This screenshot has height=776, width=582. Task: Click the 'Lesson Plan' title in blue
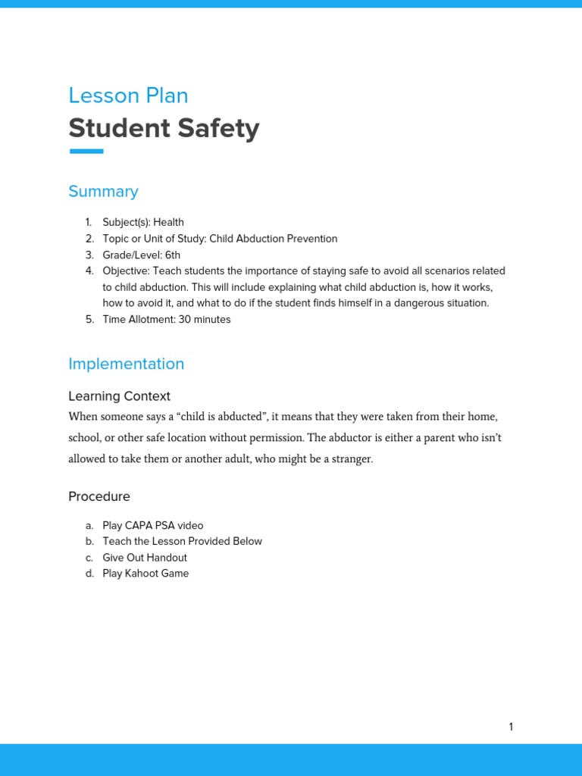pyautogui.click(x=128, y=95)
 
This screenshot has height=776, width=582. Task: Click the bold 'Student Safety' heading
pyautogui.click(x=164, y=128)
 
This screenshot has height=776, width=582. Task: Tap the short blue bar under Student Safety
pyautogui.click(x=86, y=152)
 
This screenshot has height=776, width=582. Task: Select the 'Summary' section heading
pyautogui.click(x=103, y=191)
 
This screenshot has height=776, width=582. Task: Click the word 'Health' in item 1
pyautogui.click(x=168, y=222)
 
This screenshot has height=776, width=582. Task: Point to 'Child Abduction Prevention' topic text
pyautogui.click(x=273, y=239)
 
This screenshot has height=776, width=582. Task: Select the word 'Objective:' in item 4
pyautogui.click(x=126, y=271)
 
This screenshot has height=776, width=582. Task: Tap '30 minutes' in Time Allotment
pyautogui.click(x=205, y=319)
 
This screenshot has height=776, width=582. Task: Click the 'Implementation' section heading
pyautogui.click(x=126, y=364)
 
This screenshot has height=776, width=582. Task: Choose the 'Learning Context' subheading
pyautogui.click(x=119, y=396)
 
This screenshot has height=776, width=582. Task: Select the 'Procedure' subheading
pyautogui.click(x=99, y=496)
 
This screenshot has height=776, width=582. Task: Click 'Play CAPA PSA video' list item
pyautogui.click(x=153, y=525)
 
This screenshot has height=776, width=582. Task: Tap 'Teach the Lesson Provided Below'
pyautogui.click(x=182, y=541)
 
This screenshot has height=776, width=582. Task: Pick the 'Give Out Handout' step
pyautogui.click(x=145, y=558)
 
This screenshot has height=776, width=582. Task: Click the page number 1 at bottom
pyautogui.click(x=511, y=727)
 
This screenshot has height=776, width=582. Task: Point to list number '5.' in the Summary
pyautogui.click(x=89, y=319)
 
